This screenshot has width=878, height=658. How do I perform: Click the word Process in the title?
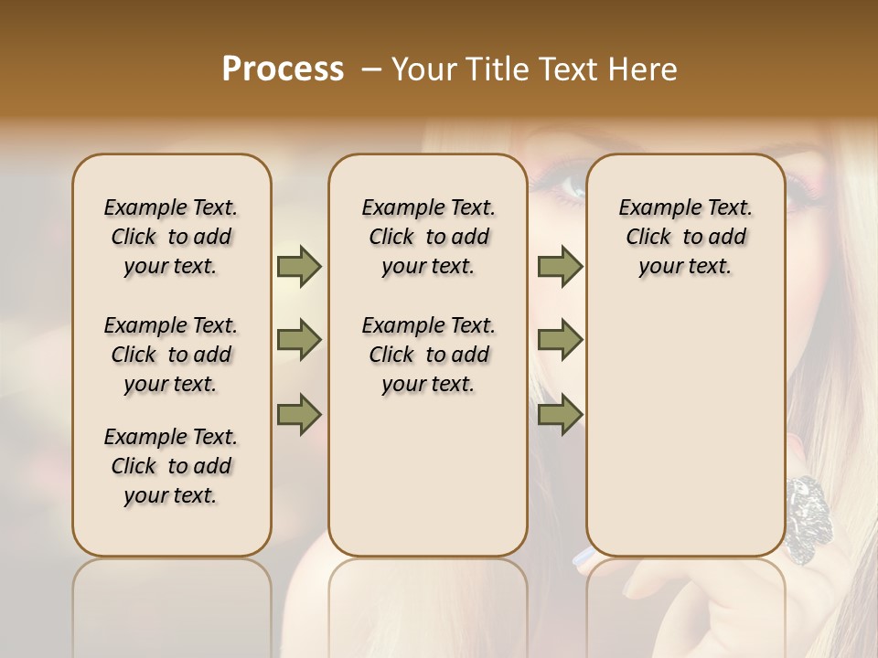point(283,69)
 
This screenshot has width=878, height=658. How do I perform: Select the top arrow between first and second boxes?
point(299,266)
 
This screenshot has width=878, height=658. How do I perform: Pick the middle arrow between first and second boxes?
point(299,340)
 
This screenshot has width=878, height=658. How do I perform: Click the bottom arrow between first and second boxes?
point(299,415)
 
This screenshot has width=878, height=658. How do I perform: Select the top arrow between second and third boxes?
point(560,266)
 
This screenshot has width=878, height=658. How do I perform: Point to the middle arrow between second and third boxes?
point(560,340)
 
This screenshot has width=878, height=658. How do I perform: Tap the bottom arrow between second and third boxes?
point(560,415)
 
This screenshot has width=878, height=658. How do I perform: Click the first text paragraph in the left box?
point(171,237)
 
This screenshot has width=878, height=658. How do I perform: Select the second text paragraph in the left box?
point(171,355)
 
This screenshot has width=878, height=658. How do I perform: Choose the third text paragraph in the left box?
point(171,466)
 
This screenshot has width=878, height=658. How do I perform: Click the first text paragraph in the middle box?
point(428,237)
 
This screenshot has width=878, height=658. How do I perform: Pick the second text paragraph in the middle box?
point(428,355)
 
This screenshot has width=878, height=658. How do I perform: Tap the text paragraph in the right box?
point(686,237)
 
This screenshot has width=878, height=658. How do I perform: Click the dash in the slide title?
point(371,69)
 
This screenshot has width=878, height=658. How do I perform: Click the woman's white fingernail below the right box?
point(582,557)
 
